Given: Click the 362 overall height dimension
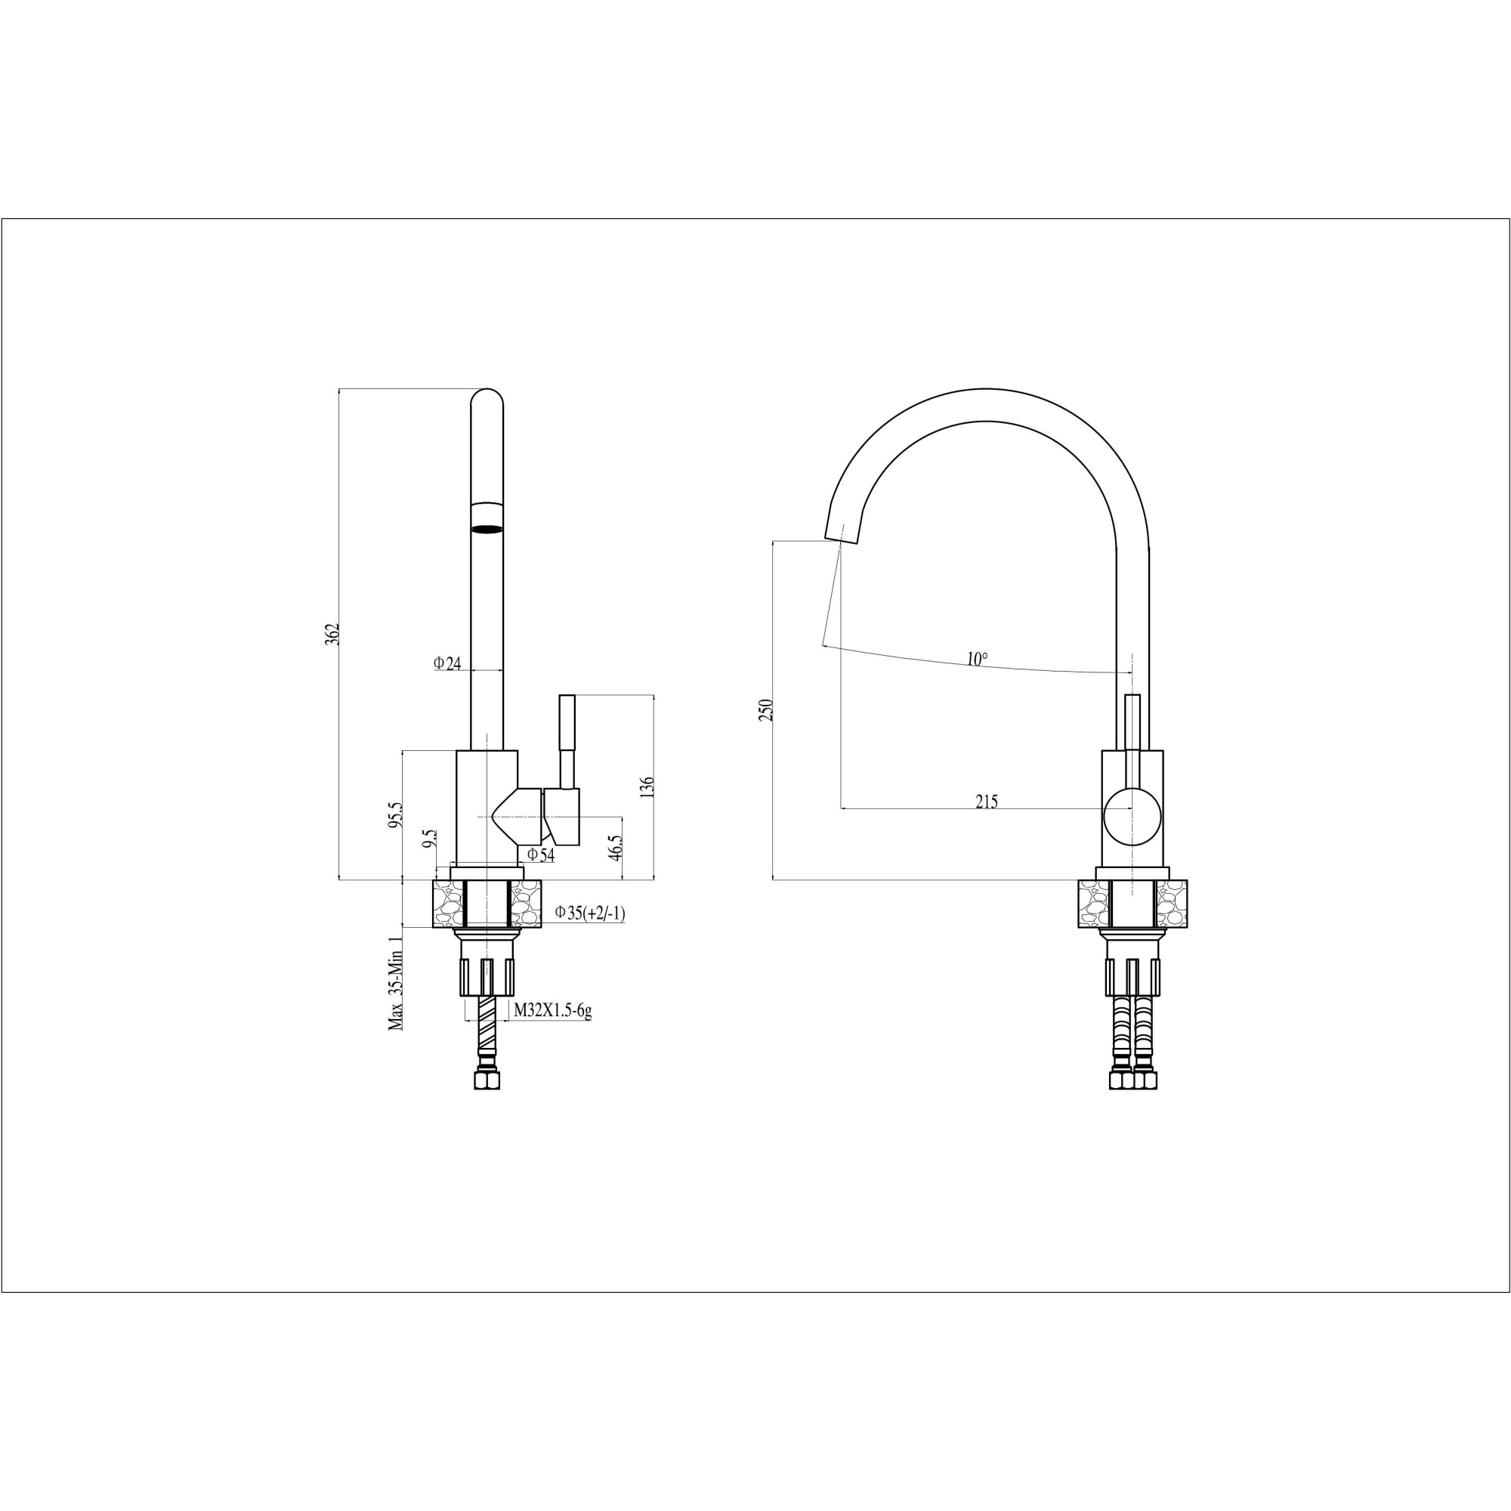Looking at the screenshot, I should click(332, 634).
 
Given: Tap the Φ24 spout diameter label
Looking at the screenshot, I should click(448, 663).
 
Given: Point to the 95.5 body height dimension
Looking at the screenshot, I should click(396, 814).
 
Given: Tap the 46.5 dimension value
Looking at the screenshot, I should click(616, 847).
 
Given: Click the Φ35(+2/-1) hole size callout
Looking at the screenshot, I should click(590, 912).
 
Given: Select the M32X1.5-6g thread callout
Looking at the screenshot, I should click(552, 1012).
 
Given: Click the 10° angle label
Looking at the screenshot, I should click(977, 660).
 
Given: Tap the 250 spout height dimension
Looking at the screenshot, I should click(765, 710).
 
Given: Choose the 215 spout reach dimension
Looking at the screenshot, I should click(986, 802).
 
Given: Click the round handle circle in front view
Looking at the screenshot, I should click(1132, 816).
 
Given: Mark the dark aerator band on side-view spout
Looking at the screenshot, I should click(487, 529).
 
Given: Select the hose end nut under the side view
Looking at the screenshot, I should click(487, 1081).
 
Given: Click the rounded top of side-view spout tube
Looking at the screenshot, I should click(487, 397).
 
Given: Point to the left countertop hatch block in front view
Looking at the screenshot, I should click(1093, 904).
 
